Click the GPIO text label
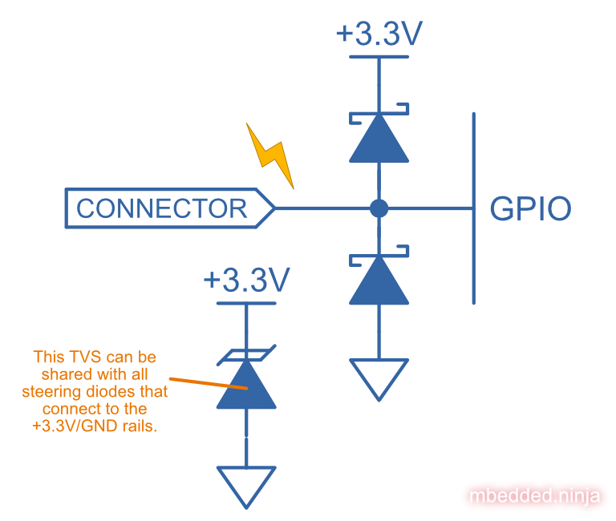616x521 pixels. click(530, 209)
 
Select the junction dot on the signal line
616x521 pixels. click(379, 208)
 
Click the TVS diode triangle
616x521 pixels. click(246, 386)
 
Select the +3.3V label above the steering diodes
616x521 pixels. click(379, 35)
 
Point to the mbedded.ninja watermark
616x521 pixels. click(534, 496)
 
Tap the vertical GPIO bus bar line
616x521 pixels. click(474, 208)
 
